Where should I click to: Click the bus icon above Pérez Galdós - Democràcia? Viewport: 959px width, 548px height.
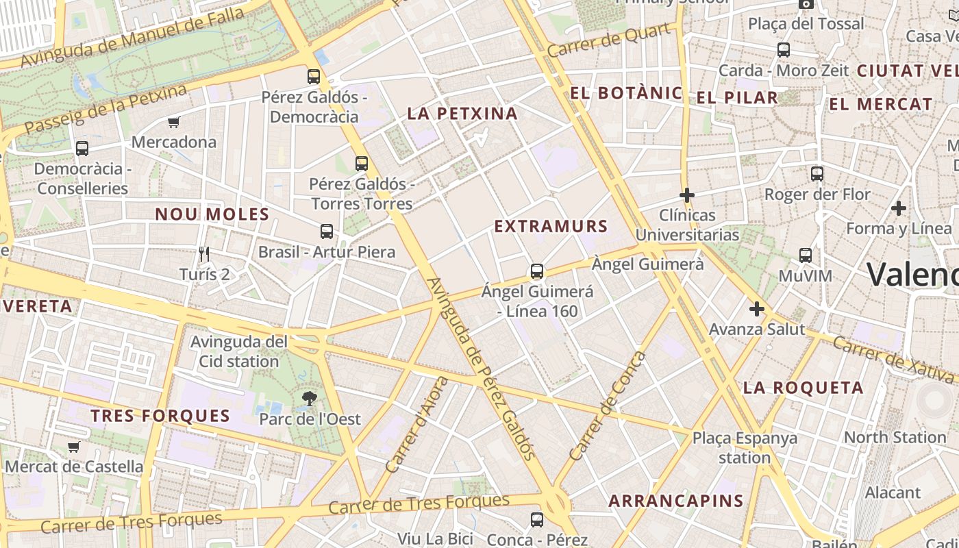click(314, 76)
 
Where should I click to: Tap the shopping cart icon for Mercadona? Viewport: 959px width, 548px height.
click(173, 123)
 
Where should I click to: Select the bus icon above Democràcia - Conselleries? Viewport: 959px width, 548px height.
click(82, 148)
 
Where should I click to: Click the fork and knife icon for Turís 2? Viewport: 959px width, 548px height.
click(203, 254)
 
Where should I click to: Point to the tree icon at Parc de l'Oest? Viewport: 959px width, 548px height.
click(310, 398)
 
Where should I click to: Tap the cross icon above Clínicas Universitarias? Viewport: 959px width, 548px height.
click(687, 195)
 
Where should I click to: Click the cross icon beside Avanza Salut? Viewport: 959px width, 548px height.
click(757, 309)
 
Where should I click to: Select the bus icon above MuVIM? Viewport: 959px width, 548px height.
click(806, 256)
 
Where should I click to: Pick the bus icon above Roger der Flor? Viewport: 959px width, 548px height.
click(817, 174)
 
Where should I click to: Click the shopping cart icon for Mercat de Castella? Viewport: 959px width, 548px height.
click(74, 447)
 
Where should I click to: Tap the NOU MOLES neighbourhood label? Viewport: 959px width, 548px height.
click(212, 214)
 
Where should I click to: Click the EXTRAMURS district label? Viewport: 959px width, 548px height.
click(551, 226)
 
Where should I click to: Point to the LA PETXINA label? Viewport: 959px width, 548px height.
click(462, 114)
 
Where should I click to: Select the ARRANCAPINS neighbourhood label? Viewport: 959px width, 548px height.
click(676, 501)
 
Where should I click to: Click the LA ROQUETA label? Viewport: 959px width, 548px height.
click(804, 388)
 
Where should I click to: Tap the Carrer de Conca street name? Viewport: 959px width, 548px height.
click(608, 406)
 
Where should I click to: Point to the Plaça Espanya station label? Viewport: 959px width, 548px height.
click(745, 447)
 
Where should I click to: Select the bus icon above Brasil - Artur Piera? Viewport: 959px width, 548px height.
click(327, 232)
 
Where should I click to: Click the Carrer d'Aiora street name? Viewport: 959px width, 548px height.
click(416, 425)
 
